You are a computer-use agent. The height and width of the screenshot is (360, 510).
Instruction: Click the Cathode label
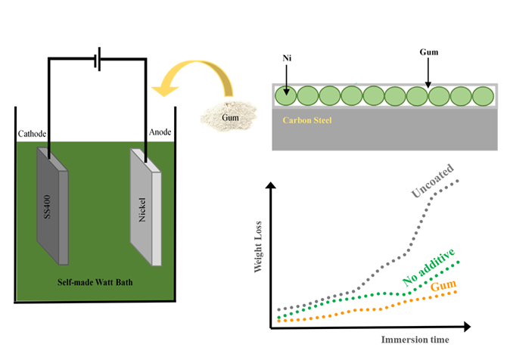coord(33,134)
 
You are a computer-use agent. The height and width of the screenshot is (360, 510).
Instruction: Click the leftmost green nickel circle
coord(285,97)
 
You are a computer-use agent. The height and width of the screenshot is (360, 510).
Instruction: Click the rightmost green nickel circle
coord(483,97)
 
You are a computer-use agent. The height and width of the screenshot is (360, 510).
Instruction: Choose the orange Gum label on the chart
coord(443,287)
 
